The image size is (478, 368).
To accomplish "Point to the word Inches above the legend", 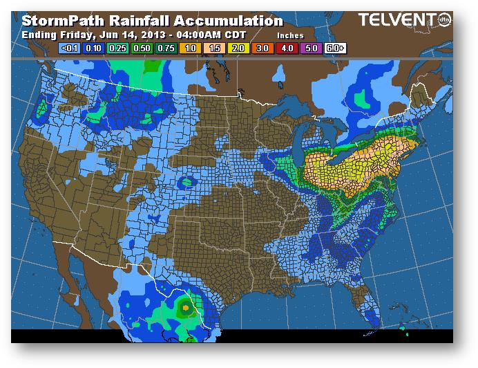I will click(289, 35).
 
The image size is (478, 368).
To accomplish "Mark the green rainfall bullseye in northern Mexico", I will click(185, 304).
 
